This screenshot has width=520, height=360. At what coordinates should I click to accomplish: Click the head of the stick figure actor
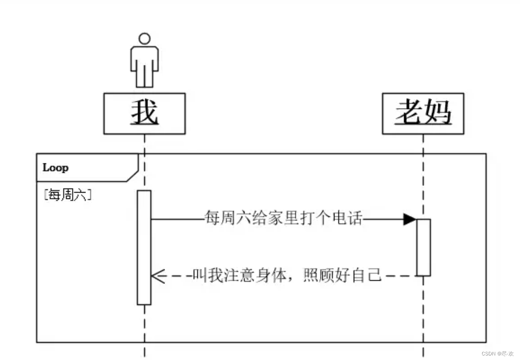[144, 39]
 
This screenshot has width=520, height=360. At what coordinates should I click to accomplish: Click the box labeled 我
[144, 114]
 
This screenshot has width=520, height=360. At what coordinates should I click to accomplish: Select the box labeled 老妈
[423, 114]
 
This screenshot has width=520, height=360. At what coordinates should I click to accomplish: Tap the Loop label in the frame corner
[56, 168]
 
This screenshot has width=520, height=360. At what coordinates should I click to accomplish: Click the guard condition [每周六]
[67, 195]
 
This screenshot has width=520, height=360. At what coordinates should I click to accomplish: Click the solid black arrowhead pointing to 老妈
[410, 220]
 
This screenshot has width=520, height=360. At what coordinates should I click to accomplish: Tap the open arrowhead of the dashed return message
[158, 276]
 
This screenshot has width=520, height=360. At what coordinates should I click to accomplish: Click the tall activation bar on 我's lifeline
[144, 247]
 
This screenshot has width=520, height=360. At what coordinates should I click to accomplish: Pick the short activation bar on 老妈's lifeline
[423, 247]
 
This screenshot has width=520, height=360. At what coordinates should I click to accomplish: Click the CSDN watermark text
[497, 354]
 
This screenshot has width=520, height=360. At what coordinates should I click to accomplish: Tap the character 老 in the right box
[409, 112]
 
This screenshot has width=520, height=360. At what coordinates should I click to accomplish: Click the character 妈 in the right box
[438, 112]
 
